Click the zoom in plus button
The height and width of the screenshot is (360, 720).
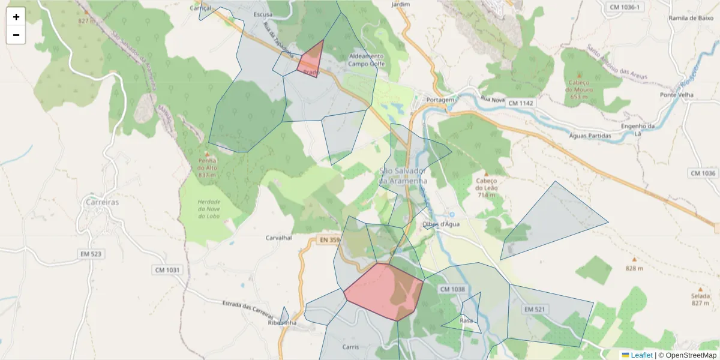click(x=16, y=17)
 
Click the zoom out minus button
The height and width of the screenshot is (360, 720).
click(x=16, y=35)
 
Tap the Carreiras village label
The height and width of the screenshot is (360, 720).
click(x=102, y=202)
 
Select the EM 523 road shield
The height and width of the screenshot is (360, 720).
click(x=91, y=254)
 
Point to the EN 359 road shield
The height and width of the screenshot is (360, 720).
click(x=329, y=241)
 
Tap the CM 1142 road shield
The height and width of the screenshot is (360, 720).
click(x=520, y=103)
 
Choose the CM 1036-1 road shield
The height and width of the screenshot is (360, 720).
click(x=625, y=7)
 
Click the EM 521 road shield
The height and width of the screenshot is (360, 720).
click(x=534, y=309)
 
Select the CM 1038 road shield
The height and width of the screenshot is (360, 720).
click(x=452, y=289)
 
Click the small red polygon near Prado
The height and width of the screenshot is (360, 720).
click(x=311, y=60)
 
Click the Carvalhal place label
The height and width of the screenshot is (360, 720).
click(x=278, y=238)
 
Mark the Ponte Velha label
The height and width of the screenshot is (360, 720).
click(x=677, y=95)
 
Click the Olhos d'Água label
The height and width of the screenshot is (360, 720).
click(x=441, y=224)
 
